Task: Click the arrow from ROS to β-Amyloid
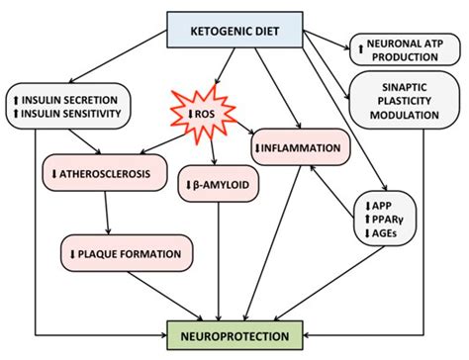(215, 156)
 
